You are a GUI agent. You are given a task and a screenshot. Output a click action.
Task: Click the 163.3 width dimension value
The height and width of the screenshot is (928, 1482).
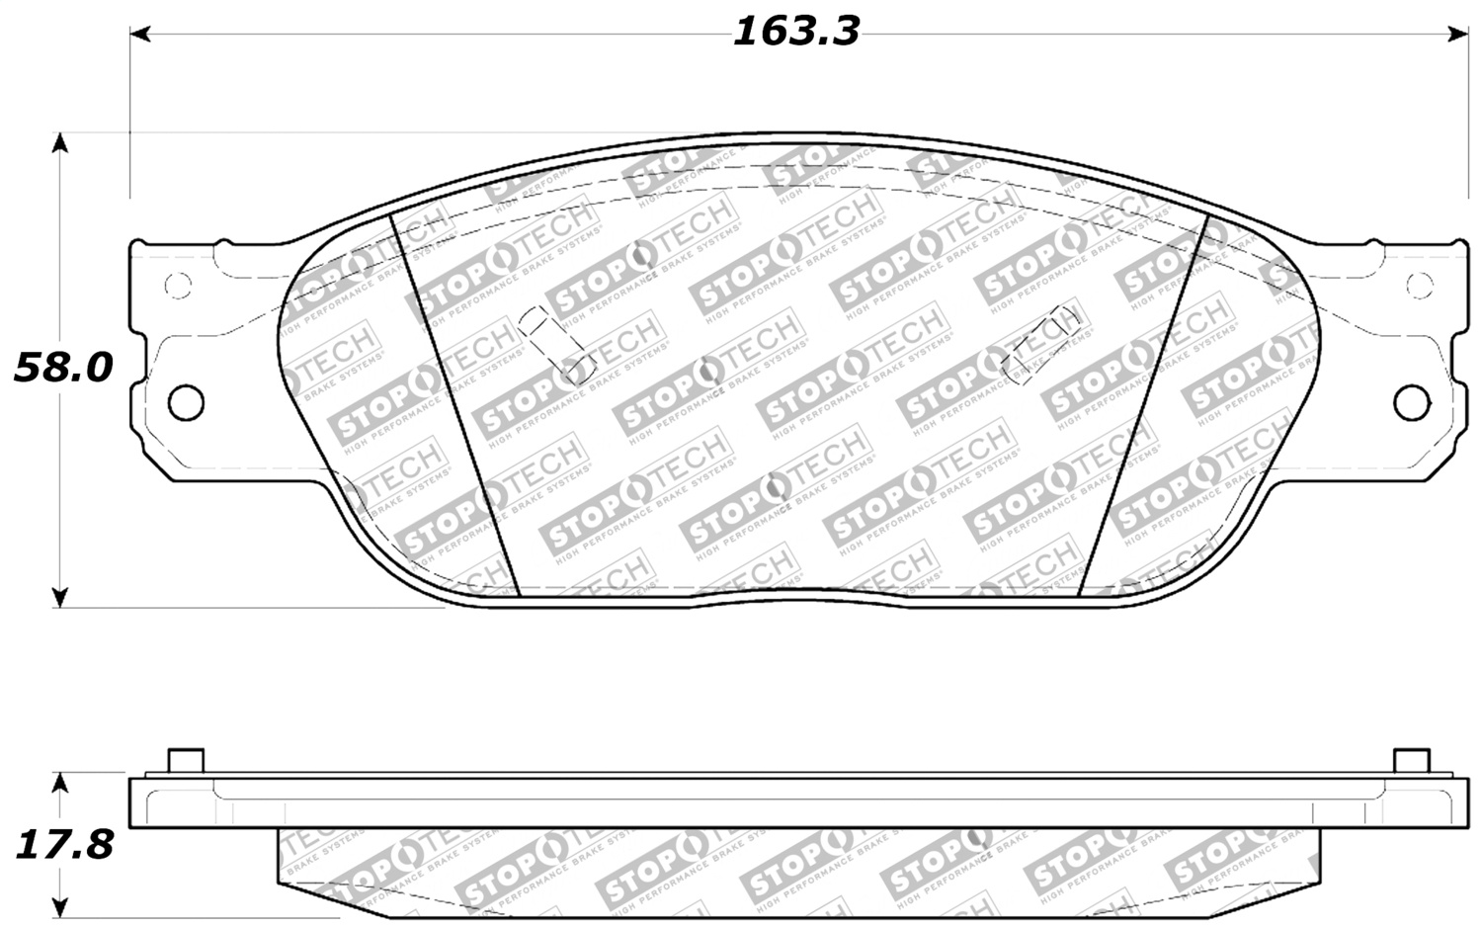click(796, 32)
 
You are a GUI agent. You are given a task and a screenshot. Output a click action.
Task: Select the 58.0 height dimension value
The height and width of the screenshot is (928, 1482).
click(63, 368)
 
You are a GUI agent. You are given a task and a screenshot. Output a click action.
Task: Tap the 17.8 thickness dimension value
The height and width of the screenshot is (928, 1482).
click(63, 844)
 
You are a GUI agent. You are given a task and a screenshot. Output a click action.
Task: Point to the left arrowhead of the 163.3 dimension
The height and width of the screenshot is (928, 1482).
click(139, 35)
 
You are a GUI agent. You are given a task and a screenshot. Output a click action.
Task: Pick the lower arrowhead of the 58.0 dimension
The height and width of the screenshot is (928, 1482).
click(60, 597)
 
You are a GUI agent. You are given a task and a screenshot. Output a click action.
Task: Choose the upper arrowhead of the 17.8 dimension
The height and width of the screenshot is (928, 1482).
click(60, 783)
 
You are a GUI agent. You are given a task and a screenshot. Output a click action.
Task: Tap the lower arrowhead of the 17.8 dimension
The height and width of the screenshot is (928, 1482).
click(60, 908)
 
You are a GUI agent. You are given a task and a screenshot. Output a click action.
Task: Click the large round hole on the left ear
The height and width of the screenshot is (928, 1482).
click(186, 402)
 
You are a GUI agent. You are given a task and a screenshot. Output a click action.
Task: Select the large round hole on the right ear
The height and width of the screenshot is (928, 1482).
click(1412, 402)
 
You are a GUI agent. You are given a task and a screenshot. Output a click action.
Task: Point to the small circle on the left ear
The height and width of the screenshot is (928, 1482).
click(177, 287)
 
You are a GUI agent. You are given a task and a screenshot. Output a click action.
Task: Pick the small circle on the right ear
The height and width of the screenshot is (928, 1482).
click(1420, 287)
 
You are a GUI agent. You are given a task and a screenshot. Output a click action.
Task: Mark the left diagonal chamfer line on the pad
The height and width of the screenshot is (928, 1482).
click(455, 405)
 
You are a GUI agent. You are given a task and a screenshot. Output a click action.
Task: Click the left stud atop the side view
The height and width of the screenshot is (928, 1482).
click(186, 761)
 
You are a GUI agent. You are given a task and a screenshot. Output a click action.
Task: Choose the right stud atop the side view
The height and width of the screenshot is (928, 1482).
click(1411, 761)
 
